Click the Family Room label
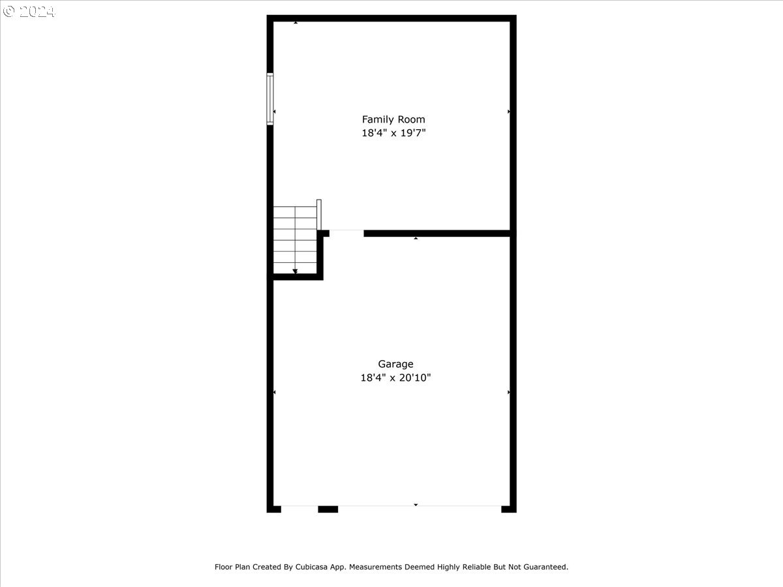coord(393,119)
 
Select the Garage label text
coord(395,364)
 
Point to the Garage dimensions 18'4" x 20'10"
coord(395,378)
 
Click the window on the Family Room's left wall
coord(270,98)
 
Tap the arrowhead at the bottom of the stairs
coord(295,271)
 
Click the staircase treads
coord(295,238)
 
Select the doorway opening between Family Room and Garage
coord(346,233)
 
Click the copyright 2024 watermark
coord(29,12)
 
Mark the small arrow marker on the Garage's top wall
coord(416,239)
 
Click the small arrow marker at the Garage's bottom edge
coord(416,505)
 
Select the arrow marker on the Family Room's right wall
coord(509,112)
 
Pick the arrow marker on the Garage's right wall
coord(509,393)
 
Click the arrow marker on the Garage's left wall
coord(274,393)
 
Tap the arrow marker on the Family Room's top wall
coord(296,23)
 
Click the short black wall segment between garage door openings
coord(328,509)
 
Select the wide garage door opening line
coord(420,506)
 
